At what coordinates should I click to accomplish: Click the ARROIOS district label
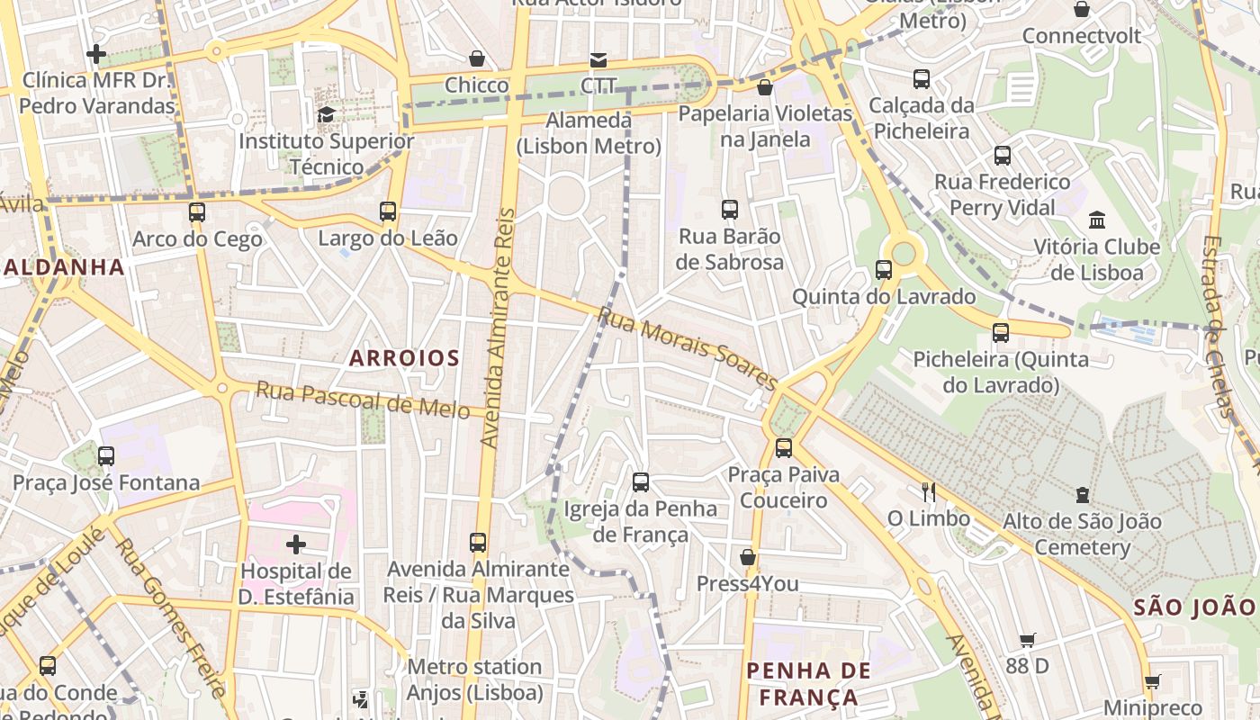[404, 358]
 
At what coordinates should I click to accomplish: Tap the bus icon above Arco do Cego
[197, 212]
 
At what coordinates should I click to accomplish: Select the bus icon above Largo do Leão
[388, 211]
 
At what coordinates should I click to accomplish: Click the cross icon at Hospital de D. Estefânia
[296, 544]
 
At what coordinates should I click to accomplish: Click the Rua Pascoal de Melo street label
[363, 400]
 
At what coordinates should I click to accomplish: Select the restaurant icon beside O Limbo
[929, 491]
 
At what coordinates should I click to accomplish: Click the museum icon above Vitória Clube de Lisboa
[1096, 220]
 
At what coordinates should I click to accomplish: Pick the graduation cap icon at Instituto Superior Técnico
[326, 114]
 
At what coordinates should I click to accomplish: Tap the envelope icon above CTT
[598, 59]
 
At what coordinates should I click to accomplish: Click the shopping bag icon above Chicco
[477, 58]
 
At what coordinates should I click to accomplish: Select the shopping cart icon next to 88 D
[1028, 640]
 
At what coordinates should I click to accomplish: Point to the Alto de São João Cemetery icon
[1082, 494]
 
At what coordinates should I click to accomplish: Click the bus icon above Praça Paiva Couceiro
[784, 447]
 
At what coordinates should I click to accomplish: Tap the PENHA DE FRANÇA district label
[809, 683]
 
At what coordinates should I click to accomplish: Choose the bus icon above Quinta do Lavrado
[884, 270]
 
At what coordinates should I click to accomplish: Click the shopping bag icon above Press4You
[747, 557]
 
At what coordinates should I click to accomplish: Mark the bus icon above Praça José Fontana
[106, 455]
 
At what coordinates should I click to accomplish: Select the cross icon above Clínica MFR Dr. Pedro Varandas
[96, 54]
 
